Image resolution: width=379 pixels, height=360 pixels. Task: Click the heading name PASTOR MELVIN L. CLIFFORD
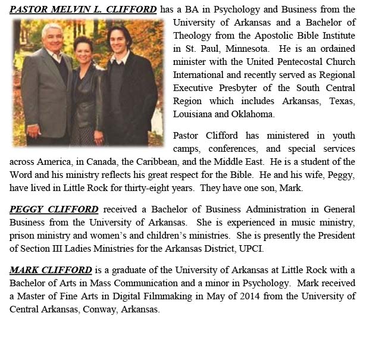pyautogui.click(x=83, y=10)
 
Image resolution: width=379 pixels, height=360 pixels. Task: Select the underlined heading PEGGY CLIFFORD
pyautogui.click(x=54, y=209)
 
